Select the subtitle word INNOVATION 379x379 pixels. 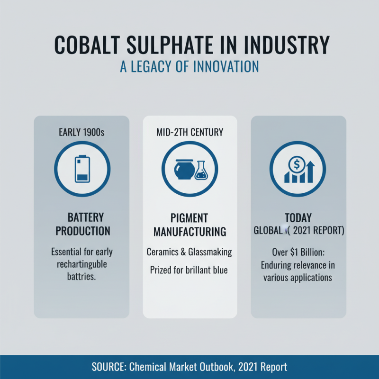pyautogui.click(x=226, y=66)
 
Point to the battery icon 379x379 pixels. pyautogui.click(x=81, y=169)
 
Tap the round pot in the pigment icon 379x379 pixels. pyautogui.click(x=182, y=170)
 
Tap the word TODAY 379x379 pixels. pyautogui.click(x=298, y=218)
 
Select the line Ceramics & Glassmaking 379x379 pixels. pyautogui.click(x=189, y=252)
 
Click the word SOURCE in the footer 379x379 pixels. pyautogui.click(x=110, y=367)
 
